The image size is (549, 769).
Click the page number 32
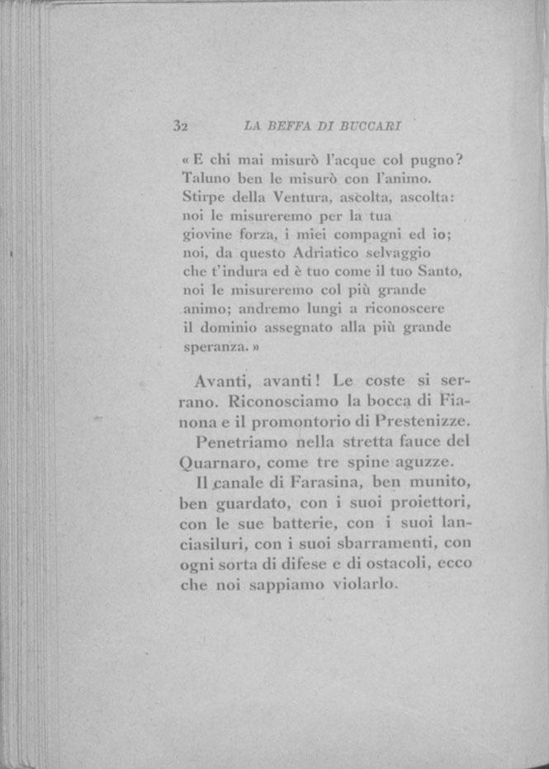point(182,127)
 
